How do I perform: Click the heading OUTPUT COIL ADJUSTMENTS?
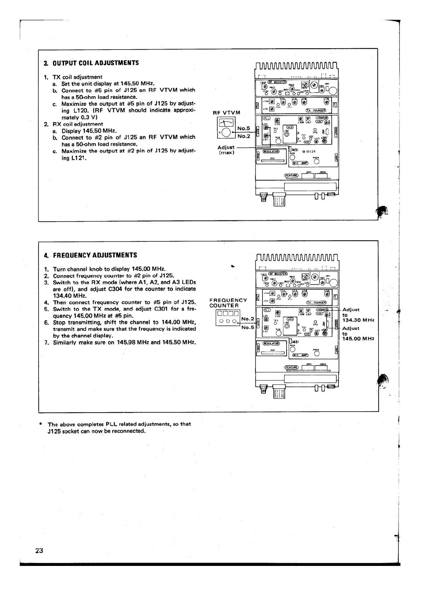[x=96, y=63]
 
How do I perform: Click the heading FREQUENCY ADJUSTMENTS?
[x=95, y=255]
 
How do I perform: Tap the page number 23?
[x=39, y=551]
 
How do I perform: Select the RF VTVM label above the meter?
[x=226, y=113]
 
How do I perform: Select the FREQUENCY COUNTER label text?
[x=228, y=303]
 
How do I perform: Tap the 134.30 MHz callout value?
[x=358, y=320]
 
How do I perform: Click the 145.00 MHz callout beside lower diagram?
[x=358, y=339]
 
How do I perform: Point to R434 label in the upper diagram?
[x=310, y=151]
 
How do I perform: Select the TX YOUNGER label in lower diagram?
[x=317, y=303]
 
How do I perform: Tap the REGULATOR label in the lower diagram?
[x=271, y=343]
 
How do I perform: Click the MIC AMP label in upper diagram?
[x=300, y=163]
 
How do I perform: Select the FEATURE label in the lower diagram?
[x=292, y=367]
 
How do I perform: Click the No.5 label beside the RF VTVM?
[x=243, y=128]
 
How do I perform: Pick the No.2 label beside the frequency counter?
[x=247, y=319]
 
